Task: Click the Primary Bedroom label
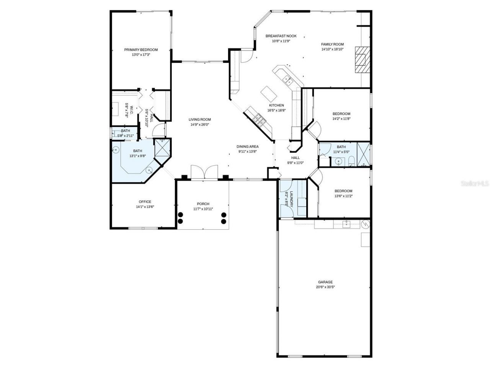pos(141,50)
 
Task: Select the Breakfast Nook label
pos(281,36)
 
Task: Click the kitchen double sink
pos(287,80)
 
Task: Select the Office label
pos(145,202)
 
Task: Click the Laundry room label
pos(292,199)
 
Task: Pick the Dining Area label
pos(247,146)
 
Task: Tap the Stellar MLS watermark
pos(474,183)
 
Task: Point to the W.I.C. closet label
pos(131,110)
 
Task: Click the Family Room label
pos(332,44)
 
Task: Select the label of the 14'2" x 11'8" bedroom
pos(341,114)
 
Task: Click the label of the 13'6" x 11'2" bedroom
pos(343,191)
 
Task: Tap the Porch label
pos(203,204)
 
